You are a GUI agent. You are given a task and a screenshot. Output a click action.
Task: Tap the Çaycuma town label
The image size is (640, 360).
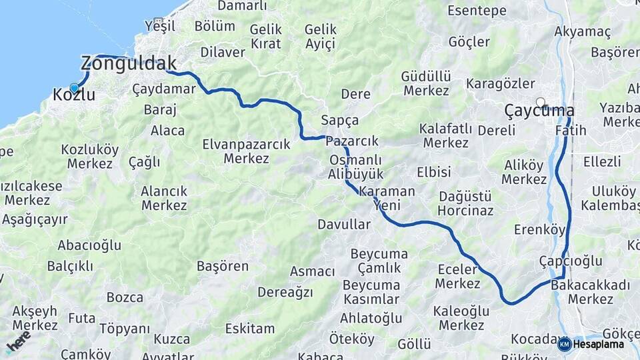[x=539, y=110]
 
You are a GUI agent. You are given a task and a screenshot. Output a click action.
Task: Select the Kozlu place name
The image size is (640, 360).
[x=73, y=95]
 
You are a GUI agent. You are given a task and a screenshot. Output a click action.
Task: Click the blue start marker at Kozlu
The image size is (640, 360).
[x=74, y=87]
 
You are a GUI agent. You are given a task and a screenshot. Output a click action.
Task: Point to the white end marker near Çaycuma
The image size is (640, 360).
[x=540, y=103]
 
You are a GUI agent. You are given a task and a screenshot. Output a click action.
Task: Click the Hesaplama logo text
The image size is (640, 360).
[x=599, y=344]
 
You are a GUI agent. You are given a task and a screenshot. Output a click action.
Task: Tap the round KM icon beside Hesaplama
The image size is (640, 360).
[x=564, y=344]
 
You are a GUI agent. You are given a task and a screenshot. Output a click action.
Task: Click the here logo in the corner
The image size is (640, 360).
[x=18, y=341]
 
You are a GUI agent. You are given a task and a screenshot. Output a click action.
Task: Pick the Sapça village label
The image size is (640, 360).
[x=339, y=121]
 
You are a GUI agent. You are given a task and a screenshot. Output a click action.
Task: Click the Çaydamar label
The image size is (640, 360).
[x=164, y=89]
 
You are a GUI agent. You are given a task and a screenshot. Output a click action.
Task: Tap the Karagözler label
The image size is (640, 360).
[x=501, y=84]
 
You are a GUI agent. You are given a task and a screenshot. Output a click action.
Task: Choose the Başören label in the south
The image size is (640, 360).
[x=223, y=266]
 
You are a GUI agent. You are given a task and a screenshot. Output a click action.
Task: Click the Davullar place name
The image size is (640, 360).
[x=343, y=225]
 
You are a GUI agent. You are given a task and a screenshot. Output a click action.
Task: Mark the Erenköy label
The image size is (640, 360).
[x=539, y=230]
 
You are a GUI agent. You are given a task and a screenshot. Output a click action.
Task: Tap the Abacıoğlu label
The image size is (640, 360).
[x=89, y=245]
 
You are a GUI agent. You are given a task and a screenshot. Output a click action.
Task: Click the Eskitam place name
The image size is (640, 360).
[x=250, y=329]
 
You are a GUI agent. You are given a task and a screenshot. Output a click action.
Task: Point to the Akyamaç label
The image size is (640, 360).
[x=583, y=31]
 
